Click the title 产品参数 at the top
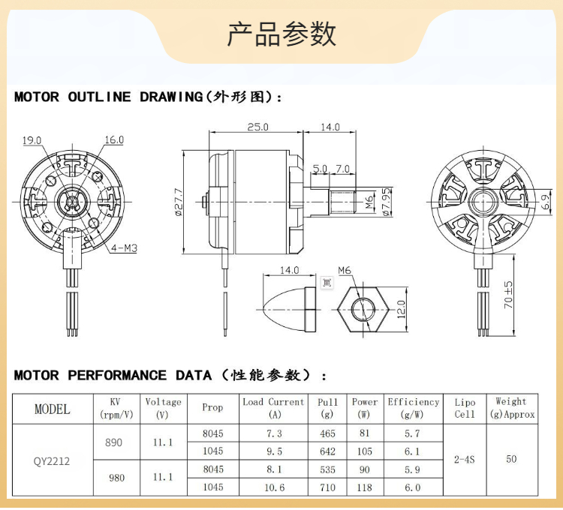pos(281,34)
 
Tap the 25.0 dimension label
pos(257,127)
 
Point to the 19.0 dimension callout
pos(32,139)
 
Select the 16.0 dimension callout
pos(114,139)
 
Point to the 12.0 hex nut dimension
pos(400,307)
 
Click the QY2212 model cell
pos(52,460)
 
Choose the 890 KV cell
pos(113,442)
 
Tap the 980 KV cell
pos(117,478)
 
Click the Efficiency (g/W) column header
pos(414,407)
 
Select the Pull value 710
pos(327,487)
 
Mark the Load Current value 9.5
pos(274,451)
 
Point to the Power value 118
pos(365,487)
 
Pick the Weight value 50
pos(511,458)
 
